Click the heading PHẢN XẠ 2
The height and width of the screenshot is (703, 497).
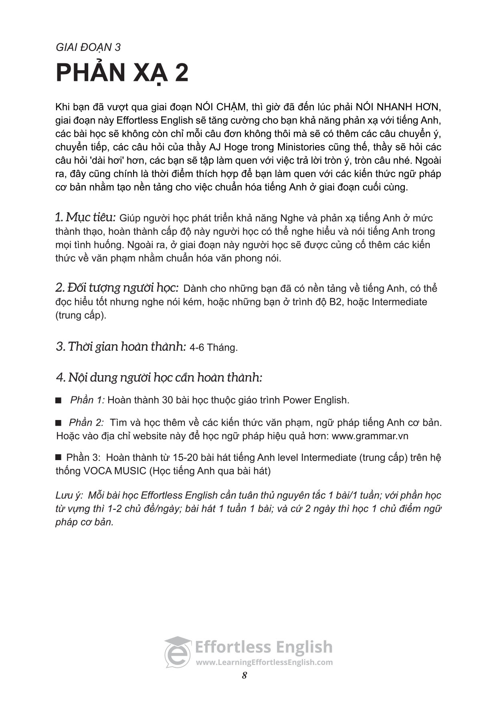tap(122, 73)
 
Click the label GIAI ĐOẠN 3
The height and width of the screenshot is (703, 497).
tap(88, 47)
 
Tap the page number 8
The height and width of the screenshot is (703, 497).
tap(244, 675)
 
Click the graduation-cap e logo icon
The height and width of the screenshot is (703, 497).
tap(178, 652)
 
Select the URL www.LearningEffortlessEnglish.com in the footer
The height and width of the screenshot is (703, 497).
tap(264, 662)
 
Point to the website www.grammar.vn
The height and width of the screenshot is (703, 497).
tap(370, 436)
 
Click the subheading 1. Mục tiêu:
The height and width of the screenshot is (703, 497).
tap(85, 217)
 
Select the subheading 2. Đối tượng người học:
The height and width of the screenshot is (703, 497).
tap(117, 288)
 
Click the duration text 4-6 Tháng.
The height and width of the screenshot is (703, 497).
tap(214, 347)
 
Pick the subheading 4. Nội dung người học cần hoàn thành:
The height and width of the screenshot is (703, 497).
tap(159, 377)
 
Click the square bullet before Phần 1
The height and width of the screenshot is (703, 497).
tap(59, 400)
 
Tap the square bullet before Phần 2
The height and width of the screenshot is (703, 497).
tap(59, 422)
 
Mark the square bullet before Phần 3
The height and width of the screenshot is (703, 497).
tap(59, 457)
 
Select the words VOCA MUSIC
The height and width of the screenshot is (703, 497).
tap(115, 471)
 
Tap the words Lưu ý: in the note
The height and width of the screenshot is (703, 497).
tap(69, 495)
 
